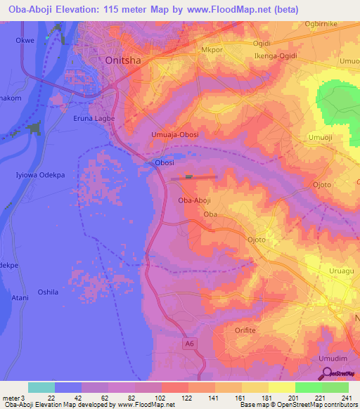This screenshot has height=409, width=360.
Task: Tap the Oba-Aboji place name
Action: [x=195, y=200]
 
